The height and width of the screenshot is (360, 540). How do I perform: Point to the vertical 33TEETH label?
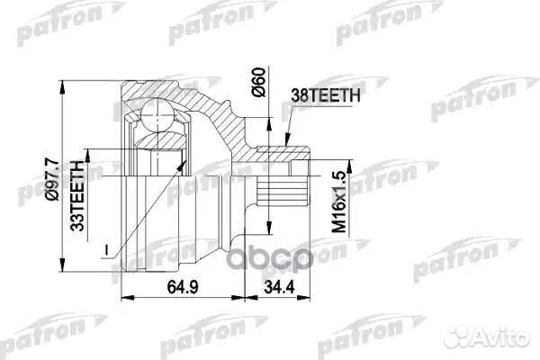(x=77, y=193)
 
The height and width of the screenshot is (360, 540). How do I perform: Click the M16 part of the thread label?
(x=340, y=220)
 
